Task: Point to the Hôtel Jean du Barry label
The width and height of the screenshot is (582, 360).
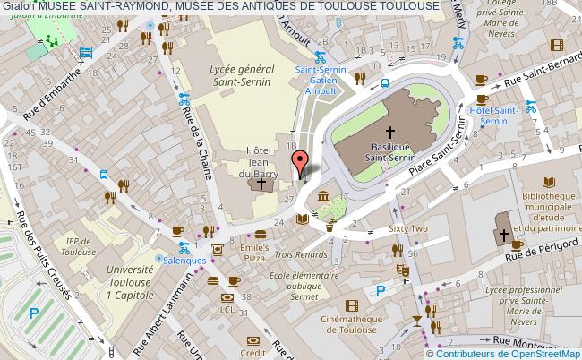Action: (259, 162)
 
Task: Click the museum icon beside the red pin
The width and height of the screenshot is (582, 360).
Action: (321, 196)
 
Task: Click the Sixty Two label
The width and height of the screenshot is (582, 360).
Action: (407, 229)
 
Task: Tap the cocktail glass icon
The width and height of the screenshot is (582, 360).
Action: (416, 319)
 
